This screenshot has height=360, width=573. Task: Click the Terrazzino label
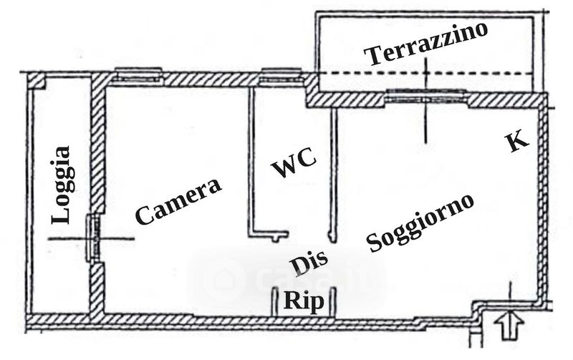[x=425, y=44]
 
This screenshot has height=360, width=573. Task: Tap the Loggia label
[x=62, y=185]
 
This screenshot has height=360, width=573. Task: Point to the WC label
[x=294, y=167]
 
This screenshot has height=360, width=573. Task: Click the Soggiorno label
[x=420, y=222]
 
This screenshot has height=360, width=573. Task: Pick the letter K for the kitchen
[x=516, y=141]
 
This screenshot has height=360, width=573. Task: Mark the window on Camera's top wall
[x=138, y=74]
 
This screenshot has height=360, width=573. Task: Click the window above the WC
[x=281, y=74]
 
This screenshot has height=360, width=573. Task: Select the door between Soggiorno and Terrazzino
[x=425, y=94]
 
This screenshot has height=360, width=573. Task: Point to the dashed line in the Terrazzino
[x=430, y=74]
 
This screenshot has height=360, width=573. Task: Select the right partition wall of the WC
[x=333, y=172]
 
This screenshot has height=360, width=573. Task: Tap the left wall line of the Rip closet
[x=275, y=301]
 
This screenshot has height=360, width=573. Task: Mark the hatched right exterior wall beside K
[x=543, y=200]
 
